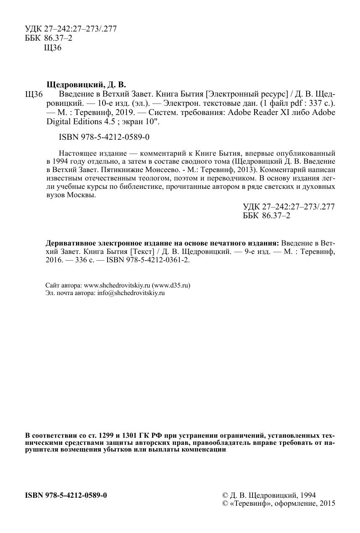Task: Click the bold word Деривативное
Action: coord(70,243)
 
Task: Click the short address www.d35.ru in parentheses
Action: coord(172,285)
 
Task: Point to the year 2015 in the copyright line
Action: coord(326,504)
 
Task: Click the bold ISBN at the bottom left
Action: coord(66,495)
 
